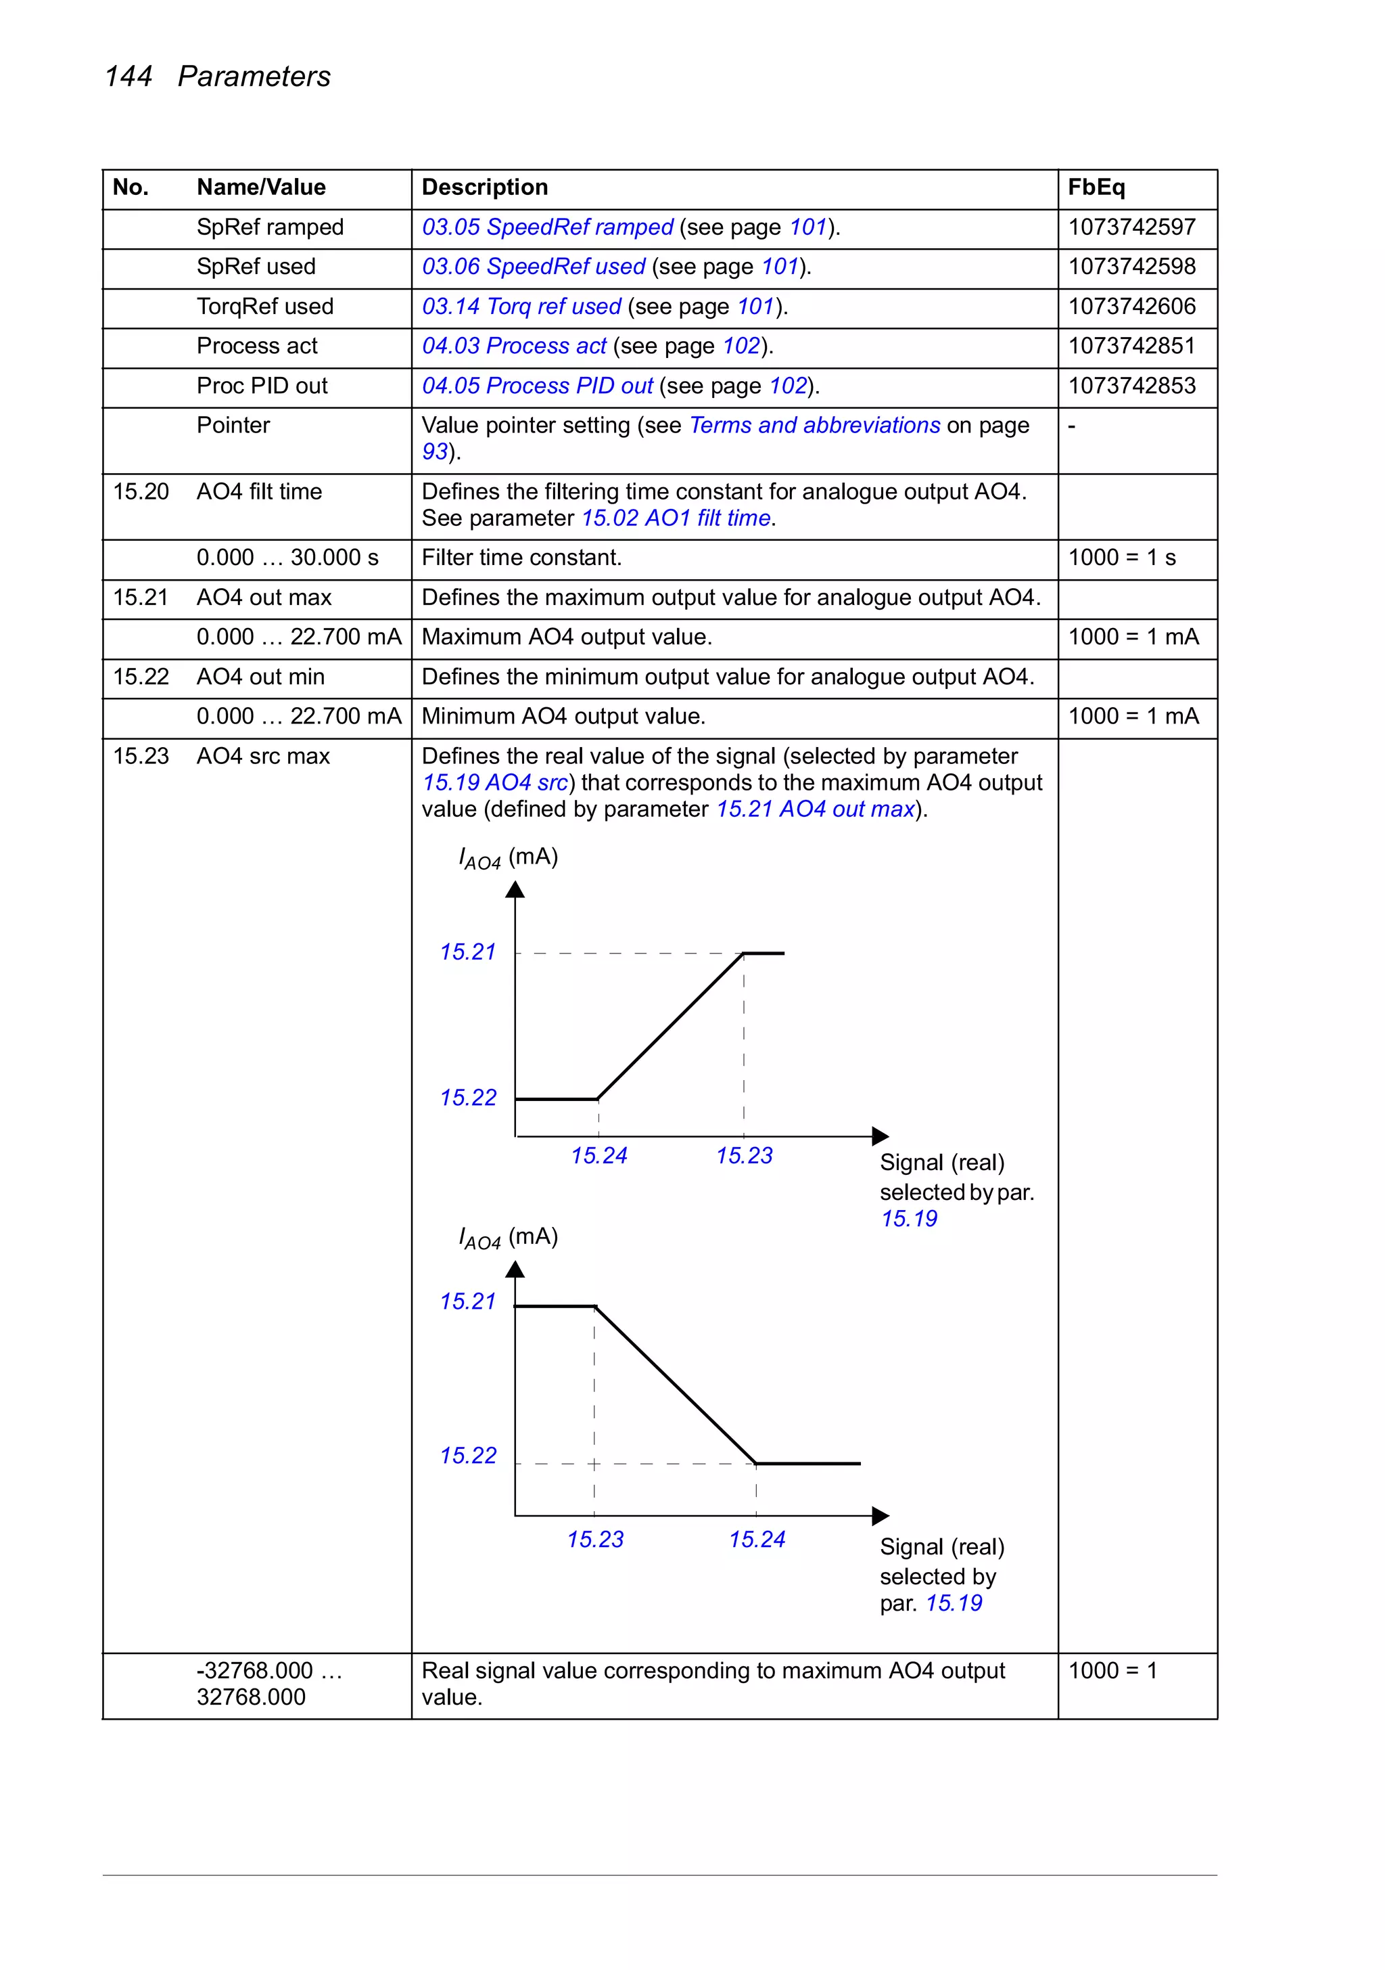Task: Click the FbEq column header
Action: pyautogui.click(x=1096, y=187)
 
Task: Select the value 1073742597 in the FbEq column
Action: pyautogui.click(x=1131, y=227)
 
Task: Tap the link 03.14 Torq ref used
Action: pyautogui.click(x=521, y=307)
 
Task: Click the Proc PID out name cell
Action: pyautogui.click(x=262, y=386)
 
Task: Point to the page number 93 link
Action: pyautogui.click(x=435, y=452)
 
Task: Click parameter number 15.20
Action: pyautogui.click(x=141, y=491)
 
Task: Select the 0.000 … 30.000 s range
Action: pyautogui.click(x=287, y=558)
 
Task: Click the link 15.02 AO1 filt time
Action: pyautogui.click(x=676, y=518)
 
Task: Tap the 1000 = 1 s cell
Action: pyautogui.click(x=1122, y=558)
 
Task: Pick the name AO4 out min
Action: pyautogui.click(x=261, y=677)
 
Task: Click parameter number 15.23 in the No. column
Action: pyautogui.click(x=141, y=756)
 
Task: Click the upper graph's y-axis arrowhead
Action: pyautogui.click(x=515, y=890)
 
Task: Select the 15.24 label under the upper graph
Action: pyautogui.click(x=598, y=1156)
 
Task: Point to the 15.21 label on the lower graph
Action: pyautogui.click(x=467, y=1301)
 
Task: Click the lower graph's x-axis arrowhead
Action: pyautogui.click(x=880, y=1516)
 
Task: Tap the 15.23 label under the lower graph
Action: pyautogui.click(x=595, y=1540)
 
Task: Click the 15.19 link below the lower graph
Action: pyautogui.click(x=954, y=1603)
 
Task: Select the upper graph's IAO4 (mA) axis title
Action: pyautogui.click(x=509, y=858)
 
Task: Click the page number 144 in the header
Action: pyautogui.click(x=128, y=76)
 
